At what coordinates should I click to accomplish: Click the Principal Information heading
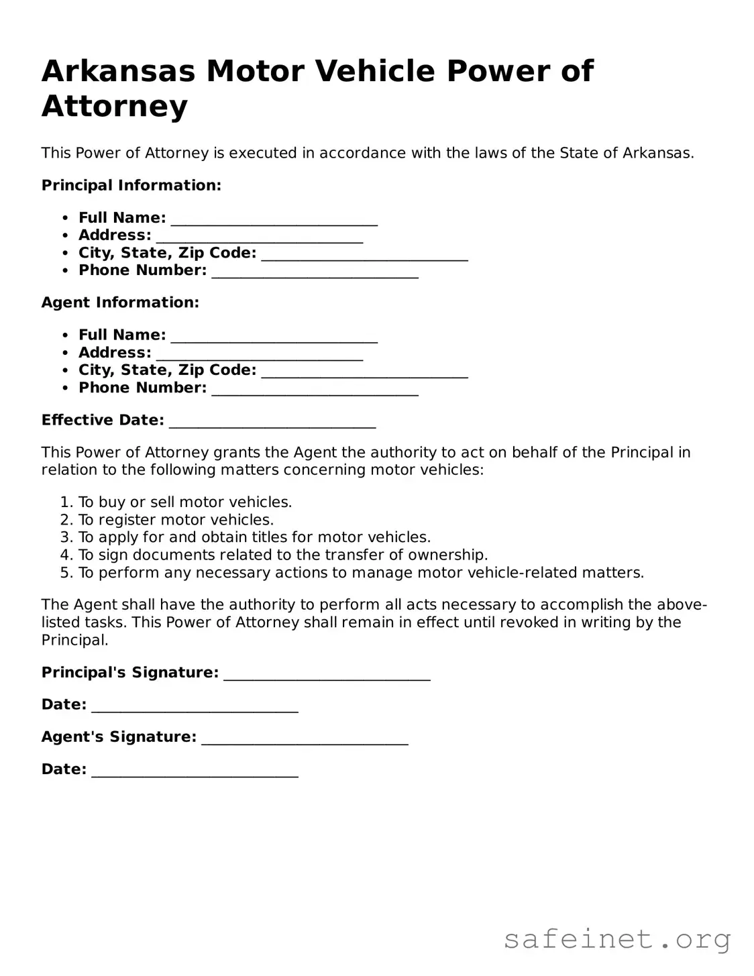tap(131, 185)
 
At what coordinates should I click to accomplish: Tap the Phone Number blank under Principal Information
tap(315, 272)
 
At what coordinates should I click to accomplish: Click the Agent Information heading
tap(120, 303)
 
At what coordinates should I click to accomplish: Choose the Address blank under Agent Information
tap(259, 355)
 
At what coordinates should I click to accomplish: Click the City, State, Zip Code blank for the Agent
tap(364, 372)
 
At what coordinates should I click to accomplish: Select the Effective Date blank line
tap(272, 423)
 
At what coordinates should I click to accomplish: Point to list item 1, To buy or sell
tap(184, 502)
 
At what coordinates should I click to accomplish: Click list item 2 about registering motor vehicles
tap(176, 520)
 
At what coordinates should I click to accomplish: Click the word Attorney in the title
tap(115, 106)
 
